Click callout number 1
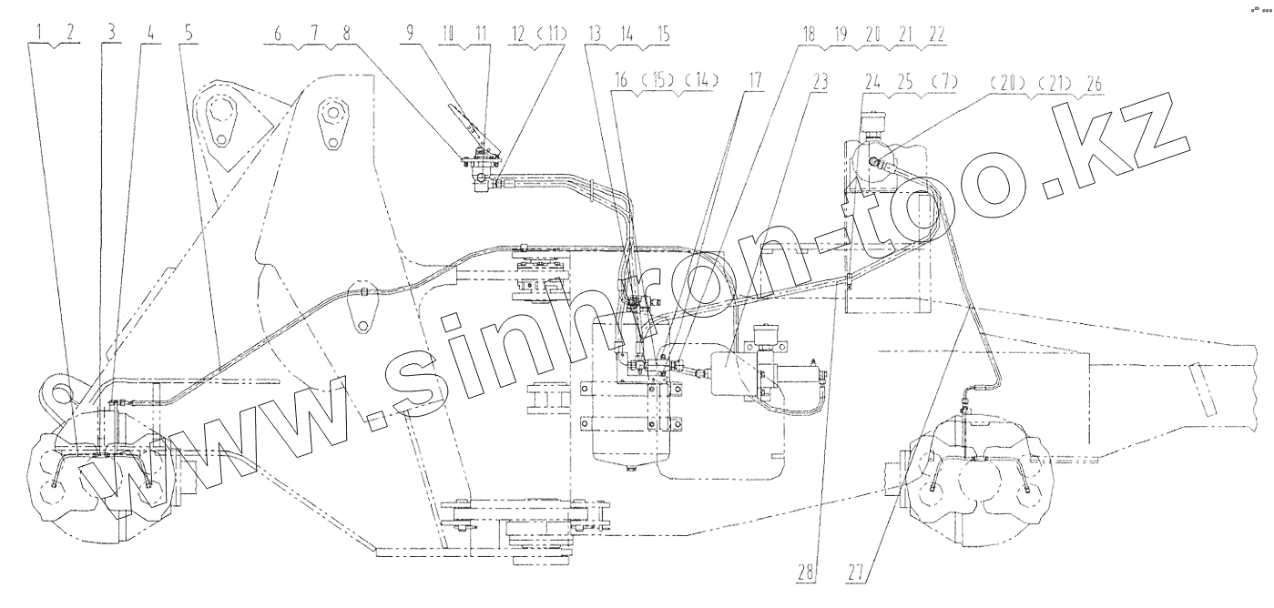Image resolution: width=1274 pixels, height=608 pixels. (x=39, y=33)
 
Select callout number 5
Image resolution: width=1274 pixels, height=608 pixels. (x=189, y=33)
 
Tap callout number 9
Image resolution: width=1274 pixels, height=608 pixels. (x=409, y=33)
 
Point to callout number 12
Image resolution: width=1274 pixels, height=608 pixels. (x=518, y=33)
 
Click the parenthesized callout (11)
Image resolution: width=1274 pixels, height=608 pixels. (x=552, y=33)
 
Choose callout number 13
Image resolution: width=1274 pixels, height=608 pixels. (x=595, y=33)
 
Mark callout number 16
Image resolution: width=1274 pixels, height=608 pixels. (x=621, y=80)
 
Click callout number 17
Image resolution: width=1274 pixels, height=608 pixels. (x=754, y=80)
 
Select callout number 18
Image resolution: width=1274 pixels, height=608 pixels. (x=808, y=33)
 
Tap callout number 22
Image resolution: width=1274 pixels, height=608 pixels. (x=936, y=33)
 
